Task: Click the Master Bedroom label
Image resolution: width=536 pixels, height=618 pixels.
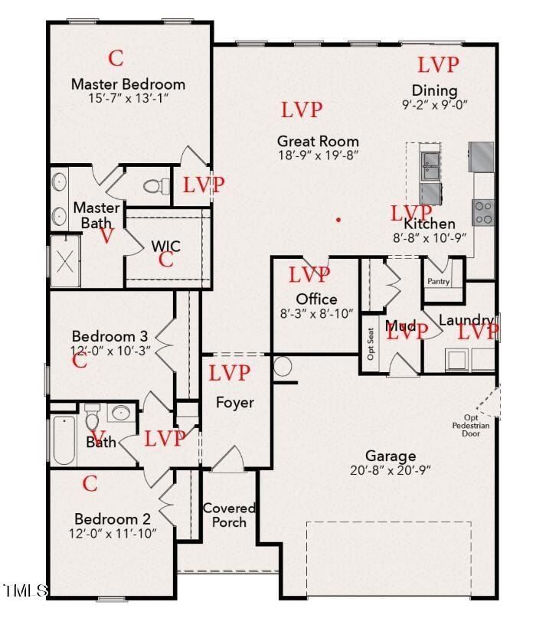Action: (x=128, y=84)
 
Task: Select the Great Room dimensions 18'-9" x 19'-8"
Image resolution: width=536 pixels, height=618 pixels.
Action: (x=318, y=155)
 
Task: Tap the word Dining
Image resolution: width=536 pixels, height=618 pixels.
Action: (x=434, y=90)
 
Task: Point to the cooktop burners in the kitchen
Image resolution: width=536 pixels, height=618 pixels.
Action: (x=482, y=211)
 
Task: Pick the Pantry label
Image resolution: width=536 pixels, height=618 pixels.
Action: (x=438, y=282)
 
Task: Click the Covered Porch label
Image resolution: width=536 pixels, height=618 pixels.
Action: (x=229, y=515)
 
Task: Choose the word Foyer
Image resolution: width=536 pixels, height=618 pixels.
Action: (x=234, y=402)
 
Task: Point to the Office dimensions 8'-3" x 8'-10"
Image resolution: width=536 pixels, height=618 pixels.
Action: (x=317, y=312)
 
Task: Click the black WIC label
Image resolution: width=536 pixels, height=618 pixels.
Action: (x=166, y=246)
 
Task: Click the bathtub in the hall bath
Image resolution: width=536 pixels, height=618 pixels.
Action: (x=64, y=440)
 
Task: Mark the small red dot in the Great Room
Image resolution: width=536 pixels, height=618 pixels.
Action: (x=338, y=220)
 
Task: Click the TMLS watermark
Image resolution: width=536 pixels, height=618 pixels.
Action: (x=25, y=590)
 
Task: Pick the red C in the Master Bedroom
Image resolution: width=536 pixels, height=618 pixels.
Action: (x=116, y=57)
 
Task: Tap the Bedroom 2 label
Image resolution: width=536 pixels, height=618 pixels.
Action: (x=115, y=518)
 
